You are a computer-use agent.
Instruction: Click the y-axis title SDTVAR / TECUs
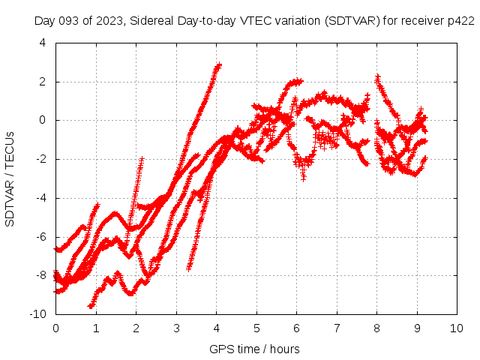tap(10, 178)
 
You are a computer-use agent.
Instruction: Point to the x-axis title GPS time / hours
tap(255, 349)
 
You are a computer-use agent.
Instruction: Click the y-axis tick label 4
tap(41, 43)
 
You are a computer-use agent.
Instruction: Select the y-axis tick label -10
tap(37, 313)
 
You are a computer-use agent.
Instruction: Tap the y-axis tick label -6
tap(39, 236)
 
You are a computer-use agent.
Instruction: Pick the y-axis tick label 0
tap(42, 120)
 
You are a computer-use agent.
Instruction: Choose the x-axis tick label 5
tap(256, 328)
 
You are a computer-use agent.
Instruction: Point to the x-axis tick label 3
tap(176, 328)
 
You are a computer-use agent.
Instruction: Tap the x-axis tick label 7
tap(337, 328)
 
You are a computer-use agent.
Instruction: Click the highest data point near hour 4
tap(219, 64)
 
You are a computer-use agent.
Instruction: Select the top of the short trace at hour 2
tap(141, 160)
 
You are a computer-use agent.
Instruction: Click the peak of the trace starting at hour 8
tap(377, 76)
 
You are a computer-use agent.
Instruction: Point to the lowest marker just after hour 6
tap(303, 178)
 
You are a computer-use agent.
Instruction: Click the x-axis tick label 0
tap(55, 328)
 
